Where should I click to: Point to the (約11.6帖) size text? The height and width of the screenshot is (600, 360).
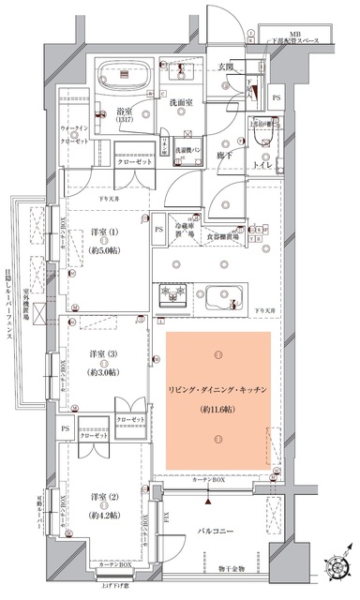tap(217, 411)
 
